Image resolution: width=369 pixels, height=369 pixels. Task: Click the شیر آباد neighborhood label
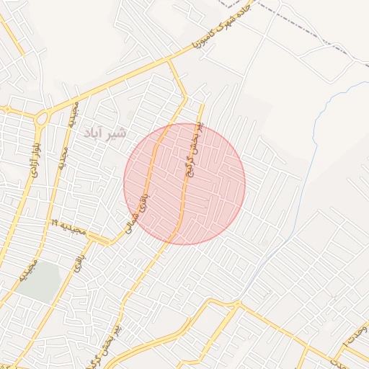(x=105, y=133)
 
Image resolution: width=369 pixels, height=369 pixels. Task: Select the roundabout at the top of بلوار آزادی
(x=40, y=117)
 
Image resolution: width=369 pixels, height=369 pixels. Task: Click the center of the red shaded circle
(x=184, y=184)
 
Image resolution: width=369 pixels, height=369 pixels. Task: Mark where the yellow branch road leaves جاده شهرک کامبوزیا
(x=170, y=62)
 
